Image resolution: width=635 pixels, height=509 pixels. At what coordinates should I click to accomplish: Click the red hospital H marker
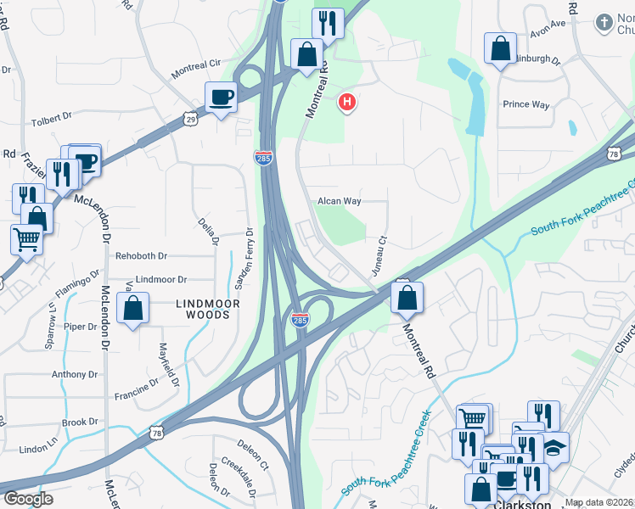click(x=346, y=103)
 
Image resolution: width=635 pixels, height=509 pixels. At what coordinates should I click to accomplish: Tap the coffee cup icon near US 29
click(x=221, y=97)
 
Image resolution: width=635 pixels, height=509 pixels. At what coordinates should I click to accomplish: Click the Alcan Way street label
click(x=340, y=201)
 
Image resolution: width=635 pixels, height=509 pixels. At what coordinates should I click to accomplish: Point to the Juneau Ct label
click(x=379, y=255)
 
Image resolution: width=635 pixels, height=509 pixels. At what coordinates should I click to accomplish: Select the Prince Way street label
click(x=526, y=104)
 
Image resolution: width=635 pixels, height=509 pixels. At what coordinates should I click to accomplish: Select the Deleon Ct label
click(x=252, y=454)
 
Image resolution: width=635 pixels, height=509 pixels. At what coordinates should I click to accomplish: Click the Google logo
click(x=28, y=499)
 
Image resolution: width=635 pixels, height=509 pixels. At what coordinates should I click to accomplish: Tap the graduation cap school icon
click(x=554, y=447)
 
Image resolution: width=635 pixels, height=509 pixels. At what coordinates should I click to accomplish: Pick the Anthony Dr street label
click(x=75, y=374)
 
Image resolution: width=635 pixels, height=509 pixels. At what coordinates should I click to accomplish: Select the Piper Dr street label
click(x=80, y=326)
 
